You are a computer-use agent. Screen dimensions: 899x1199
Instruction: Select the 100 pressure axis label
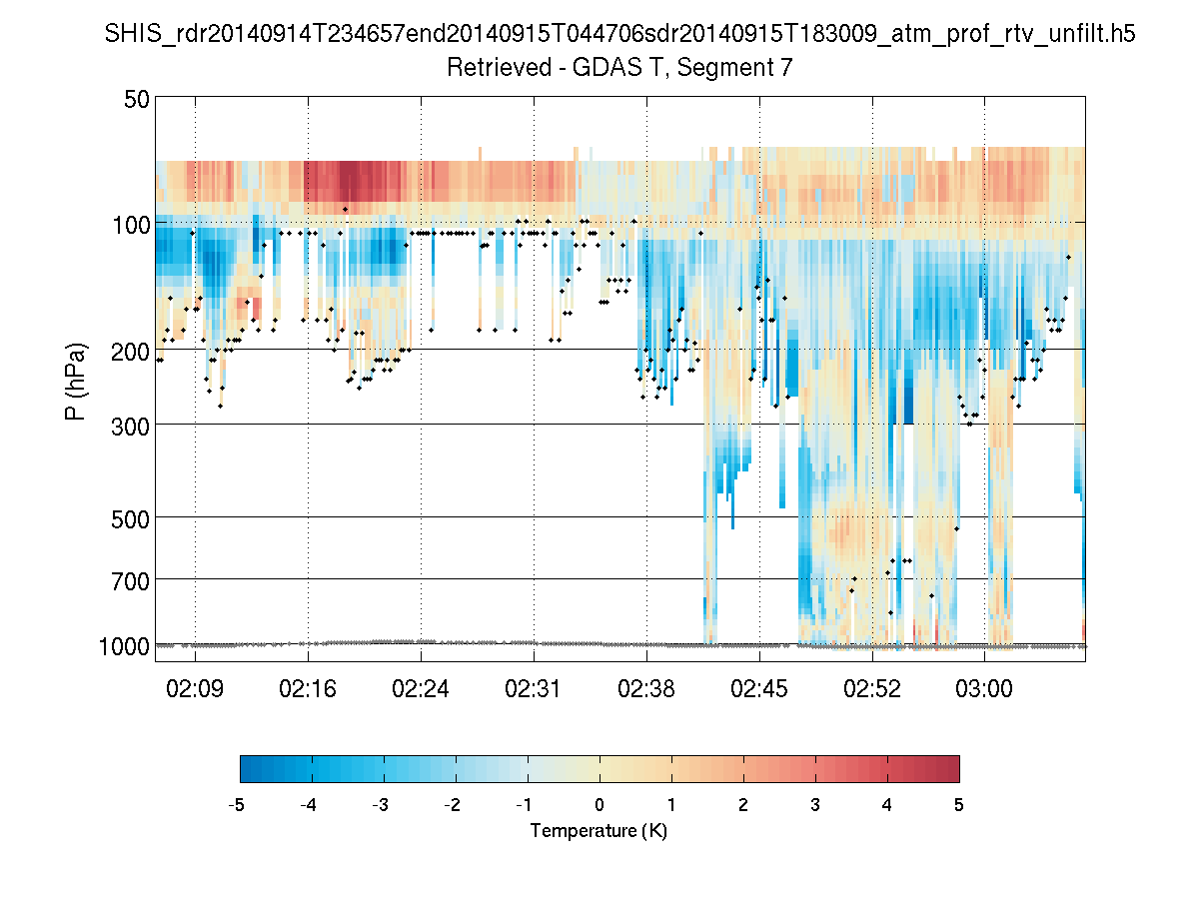(x=131, y=224)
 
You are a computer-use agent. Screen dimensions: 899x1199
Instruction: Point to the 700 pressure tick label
(x=131, y=579)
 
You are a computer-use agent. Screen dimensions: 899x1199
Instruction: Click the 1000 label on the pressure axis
(x=125, y=646)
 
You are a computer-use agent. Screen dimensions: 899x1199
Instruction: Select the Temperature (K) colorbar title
(x=599, y=831)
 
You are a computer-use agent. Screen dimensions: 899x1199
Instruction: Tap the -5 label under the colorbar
(x=238, y=805)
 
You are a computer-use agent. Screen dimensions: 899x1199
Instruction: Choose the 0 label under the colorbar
(x=599, y=805)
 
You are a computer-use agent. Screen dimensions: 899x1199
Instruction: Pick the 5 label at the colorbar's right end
(x=959, y=805)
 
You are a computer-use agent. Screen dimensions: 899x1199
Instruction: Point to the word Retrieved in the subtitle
(x=489, y=68)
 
